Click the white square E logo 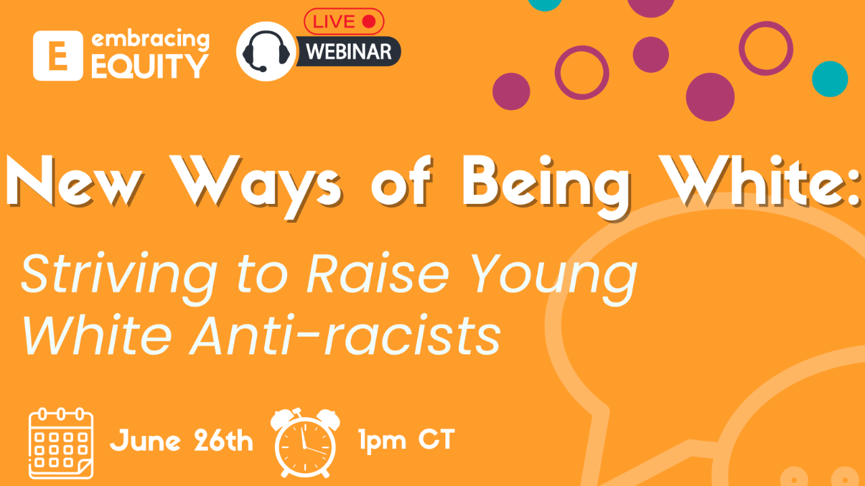[x=58, y=56]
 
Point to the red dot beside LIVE [x=368, y=22]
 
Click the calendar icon [x=60, y=441]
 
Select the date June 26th [x=182, y=441]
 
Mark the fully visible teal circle [x=829, y=79]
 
